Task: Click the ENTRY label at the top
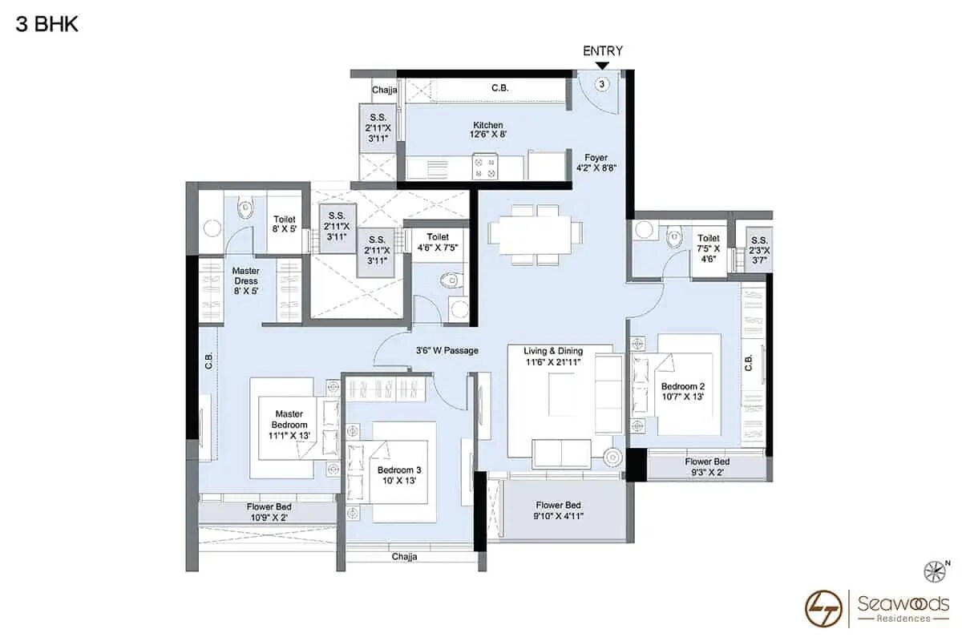pos(603,50)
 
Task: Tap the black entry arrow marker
pos(603,65)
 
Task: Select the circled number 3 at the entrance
pos(603,83)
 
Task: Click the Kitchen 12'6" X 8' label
pos(487,130)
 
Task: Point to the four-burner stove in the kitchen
pos(484,167)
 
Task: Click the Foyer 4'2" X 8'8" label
pos(596,163)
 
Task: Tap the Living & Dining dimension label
pos(553,357)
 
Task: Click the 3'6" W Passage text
pos(447,350)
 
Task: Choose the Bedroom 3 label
pos(394,475)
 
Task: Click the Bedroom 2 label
pos(683,391)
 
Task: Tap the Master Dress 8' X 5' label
pos(246,281)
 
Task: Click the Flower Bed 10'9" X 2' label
pos(269,513)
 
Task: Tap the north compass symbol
pos(936,570)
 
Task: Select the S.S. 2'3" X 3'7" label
pos(758,244)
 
